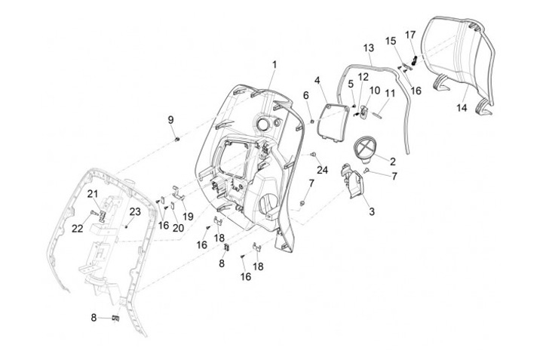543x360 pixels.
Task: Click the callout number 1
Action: point(275,64)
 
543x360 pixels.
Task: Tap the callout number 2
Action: point(392,160)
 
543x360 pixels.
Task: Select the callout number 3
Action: point(371,211)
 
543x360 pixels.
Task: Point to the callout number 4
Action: point(318,80)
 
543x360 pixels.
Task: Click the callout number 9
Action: point(170,119)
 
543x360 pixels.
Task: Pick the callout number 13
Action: point(368,48)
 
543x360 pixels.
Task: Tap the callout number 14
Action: point(462,108)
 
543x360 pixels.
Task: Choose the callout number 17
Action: point(410,35)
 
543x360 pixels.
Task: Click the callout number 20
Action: point(178,228)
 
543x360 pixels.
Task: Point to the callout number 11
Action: point(390,93)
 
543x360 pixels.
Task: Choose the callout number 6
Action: point(306,95)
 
